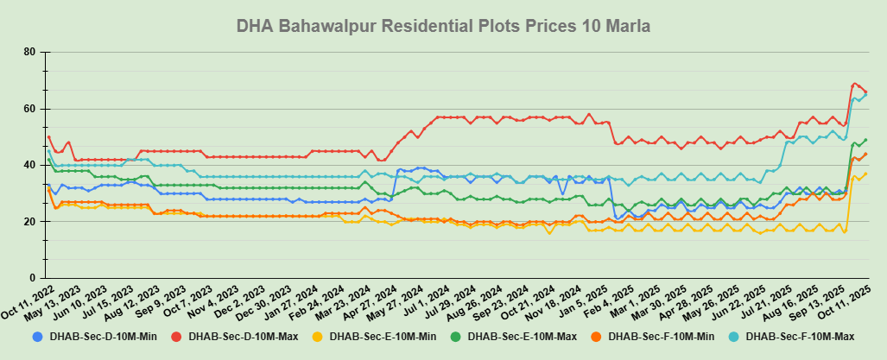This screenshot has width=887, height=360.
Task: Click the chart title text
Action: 443,27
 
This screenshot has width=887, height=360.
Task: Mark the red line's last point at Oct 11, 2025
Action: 866,92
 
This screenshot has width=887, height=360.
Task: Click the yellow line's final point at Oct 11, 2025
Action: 866,174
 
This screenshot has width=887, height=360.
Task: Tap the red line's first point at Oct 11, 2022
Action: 48,136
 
